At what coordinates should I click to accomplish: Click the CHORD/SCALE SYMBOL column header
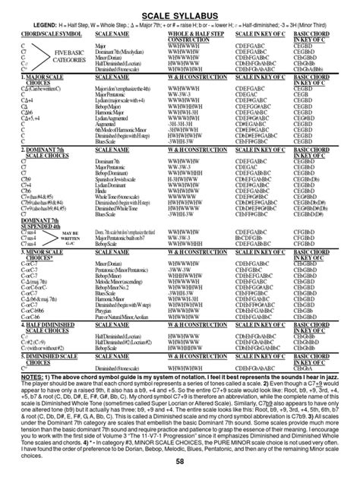[x=46, y=34]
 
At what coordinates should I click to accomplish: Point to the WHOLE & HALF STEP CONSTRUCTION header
[x=182, y=36]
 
